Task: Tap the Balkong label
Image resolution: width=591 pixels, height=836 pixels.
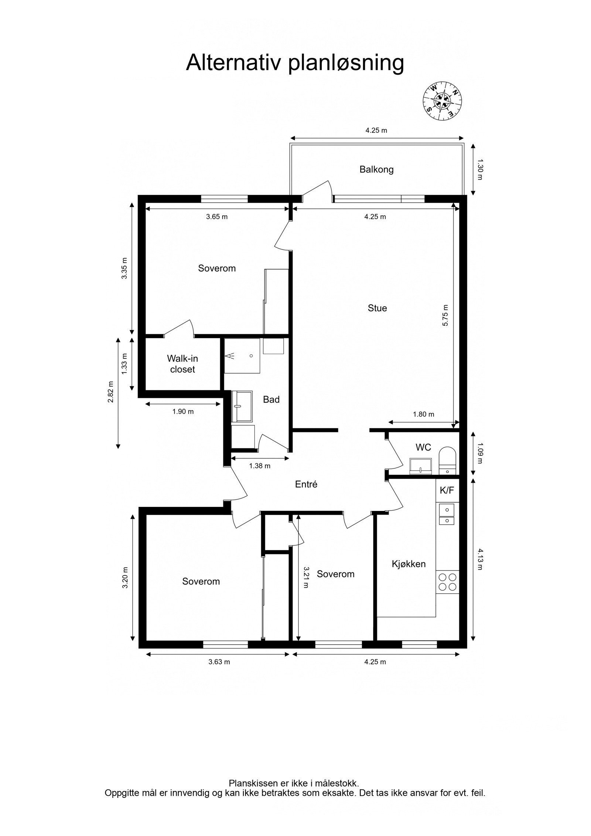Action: click(x=376, y=170)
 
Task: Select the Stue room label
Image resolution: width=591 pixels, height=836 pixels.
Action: click(x=377, y=308)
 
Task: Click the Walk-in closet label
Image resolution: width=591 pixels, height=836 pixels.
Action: click(x=182, y=364)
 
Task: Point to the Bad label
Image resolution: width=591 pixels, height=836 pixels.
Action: click(x=271, y=399)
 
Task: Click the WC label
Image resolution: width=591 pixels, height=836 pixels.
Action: click(x=423, y=447)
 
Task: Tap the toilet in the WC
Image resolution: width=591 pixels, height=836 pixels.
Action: click(x=448, y=461)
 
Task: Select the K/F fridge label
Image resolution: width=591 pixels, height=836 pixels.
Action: click(x=447, y=490)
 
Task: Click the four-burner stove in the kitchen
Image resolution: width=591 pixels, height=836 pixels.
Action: click(x=447, y=582)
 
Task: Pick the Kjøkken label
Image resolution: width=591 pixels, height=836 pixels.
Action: click(x=409, y=564)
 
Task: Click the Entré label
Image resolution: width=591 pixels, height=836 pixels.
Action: click(x=306, y=484)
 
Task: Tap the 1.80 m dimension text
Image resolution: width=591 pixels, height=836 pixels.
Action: click(x=423, y=414)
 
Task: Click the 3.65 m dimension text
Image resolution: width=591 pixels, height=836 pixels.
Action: click(x=217, y=217)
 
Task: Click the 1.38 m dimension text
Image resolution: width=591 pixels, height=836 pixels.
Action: click(x=260, y=466)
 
